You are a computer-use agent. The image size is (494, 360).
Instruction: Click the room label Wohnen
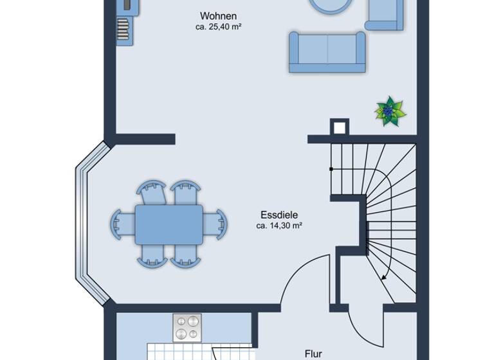[x=218, y=15]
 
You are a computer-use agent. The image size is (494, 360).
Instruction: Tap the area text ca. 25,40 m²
[x=218, y=27]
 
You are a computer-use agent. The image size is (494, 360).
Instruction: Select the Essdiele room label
[x=279, y=215]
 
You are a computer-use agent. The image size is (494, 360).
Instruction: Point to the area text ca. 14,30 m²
[x=279, y=226]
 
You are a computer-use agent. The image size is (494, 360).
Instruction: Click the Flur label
[x=313, y=353]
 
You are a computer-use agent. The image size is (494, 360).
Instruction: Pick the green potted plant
[x=390, y=111]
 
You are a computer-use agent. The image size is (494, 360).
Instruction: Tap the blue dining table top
[x=169, y=224]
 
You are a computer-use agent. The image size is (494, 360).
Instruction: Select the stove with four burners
[x=187, y=327]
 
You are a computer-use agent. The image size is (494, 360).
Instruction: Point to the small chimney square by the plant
[x=339, y=127]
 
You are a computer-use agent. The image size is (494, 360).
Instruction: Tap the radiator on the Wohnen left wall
[x=123, y=28]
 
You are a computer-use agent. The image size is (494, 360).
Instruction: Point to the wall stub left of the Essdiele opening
[x=145, y=138]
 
